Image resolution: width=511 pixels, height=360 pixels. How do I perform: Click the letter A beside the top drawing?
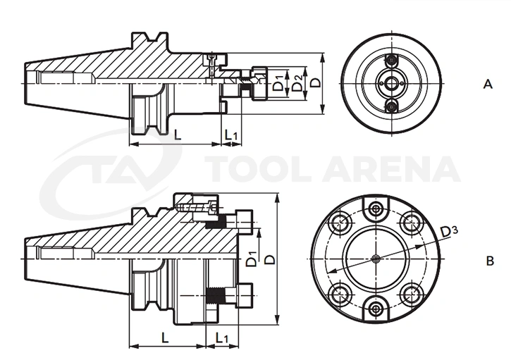(x=488, y=85)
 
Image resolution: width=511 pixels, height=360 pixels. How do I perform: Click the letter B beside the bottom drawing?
(x=490, y=261)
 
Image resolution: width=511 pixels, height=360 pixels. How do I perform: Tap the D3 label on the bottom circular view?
(x=449, y=232)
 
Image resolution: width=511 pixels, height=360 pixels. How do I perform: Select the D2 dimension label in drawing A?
(x=297, y=82)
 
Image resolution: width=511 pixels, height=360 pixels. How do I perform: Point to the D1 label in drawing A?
(x=278, y=82)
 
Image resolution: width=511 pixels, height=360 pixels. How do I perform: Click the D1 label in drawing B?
(x=251, y=259)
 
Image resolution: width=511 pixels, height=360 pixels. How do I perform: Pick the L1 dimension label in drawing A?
(x=231, y=135)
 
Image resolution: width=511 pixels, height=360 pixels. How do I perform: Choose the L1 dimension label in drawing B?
(x=221, y=338)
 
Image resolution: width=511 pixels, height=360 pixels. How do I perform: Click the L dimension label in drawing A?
(x=178, y=135)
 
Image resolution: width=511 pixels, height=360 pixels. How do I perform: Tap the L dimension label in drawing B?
(x=165, y=337)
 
